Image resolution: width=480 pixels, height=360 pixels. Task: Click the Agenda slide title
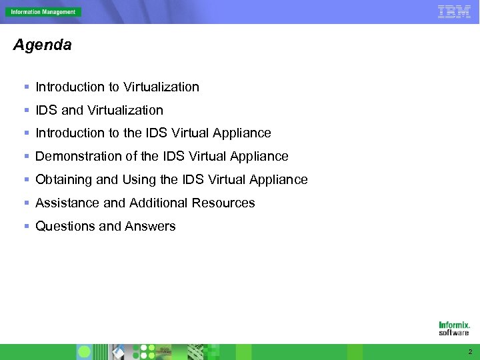[x=42, y=45]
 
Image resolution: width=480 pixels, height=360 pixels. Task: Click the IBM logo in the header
[x=454, y=11]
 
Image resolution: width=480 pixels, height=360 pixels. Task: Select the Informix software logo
[x=454, y=328]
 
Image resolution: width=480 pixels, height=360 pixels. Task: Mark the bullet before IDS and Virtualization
[x=26, y=110]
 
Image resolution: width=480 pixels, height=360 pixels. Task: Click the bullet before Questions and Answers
[x=26, y=227]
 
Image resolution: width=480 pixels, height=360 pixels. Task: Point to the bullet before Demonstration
[x=26, y=157]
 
